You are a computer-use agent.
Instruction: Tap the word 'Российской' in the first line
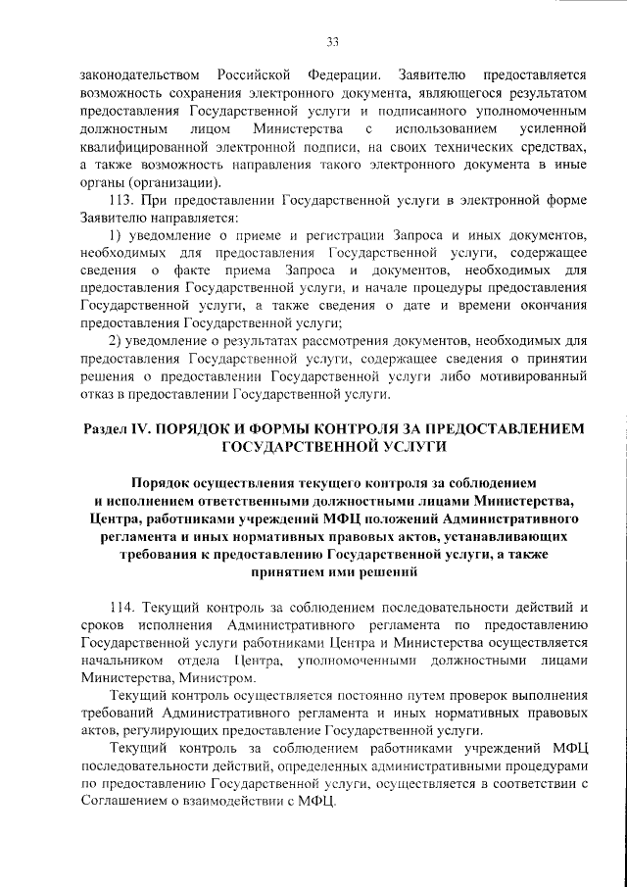[257, 75]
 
